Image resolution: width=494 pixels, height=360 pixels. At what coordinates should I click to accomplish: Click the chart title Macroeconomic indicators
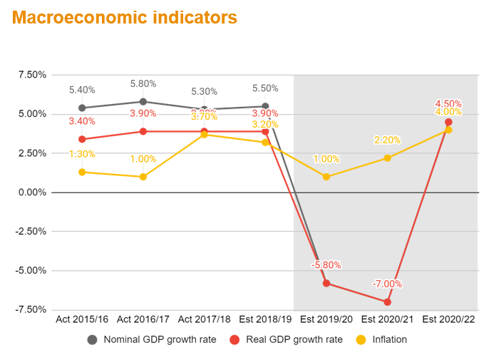click(x=125, y=18)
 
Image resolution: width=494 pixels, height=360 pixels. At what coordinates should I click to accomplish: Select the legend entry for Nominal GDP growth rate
click(x=152, y=339)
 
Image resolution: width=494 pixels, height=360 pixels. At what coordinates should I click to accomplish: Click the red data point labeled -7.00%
click(x=388, y=302)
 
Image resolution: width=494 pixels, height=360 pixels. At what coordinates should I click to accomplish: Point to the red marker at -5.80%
click(x=326, y=283)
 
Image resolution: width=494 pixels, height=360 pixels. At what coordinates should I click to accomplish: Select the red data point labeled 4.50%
click(x=448, y=122)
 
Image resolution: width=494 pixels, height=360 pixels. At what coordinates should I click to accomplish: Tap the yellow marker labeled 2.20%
click(x=388, y=158)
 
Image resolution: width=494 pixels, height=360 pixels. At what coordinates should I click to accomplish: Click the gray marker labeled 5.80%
click(x=143, y=102)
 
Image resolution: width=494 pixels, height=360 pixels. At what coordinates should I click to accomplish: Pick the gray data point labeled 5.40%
click(x=82, y=108)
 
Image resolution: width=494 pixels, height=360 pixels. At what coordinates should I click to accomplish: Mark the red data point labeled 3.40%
click(x=82, y=139)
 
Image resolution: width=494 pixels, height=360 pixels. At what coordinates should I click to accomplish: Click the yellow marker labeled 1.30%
click(x=82, y=172)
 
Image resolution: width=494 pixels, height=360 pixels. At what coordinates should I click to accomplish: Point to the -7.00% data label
click(x=387, y=284)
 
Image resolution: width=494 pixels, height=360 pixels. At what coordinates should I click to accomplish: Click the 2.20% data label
click(x=387, y=140)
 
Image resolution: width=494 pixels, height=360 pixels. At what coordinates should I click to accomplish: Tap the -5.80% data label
click(x=326, y=265)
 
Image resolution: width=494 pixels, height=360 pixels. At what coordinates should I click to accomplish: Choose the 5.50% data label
click(x=265, y=88)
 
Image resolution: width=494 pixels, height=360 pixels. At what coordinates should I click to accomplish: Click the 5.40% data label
click(x=82, y=90)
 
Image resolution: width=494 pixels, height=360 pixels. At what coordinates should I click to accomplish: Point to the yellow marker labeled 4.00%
click(x=448, y=130)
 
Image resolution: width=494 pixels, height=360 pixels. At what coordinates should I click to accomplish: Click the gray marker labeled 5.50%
click(x=265, y=106)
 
